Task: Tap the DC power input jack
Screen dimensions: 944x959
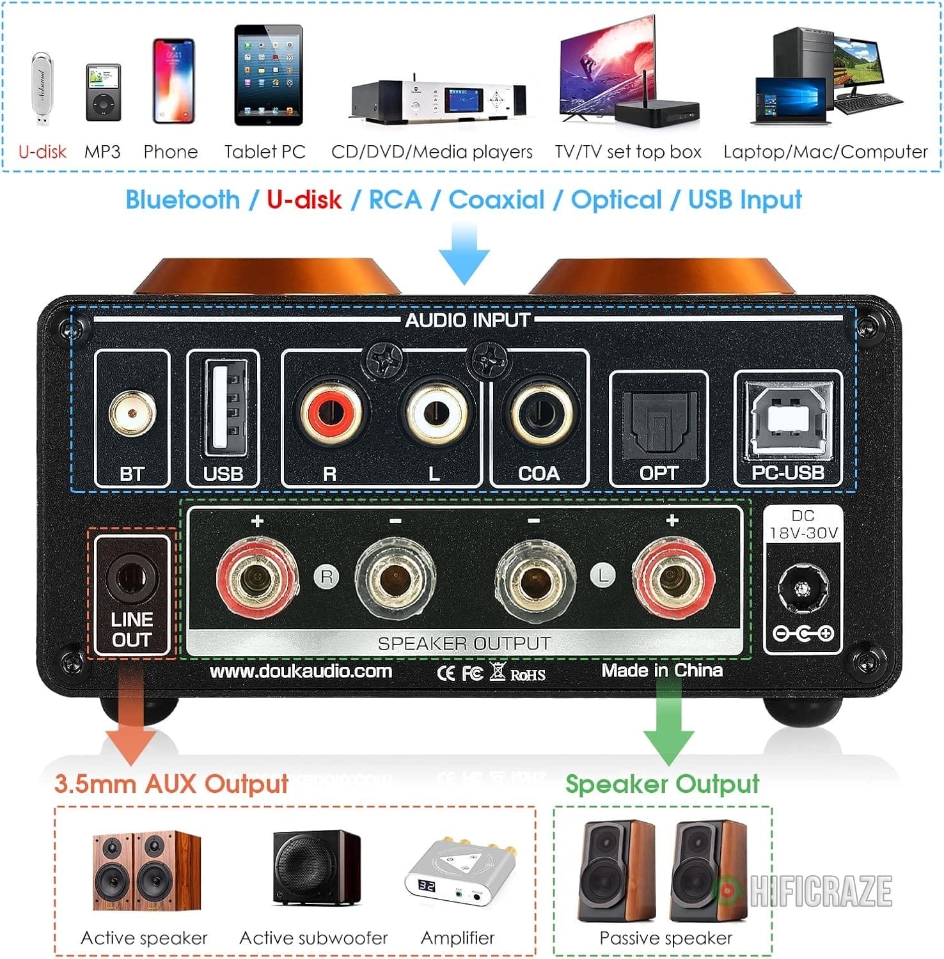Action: point(803,589)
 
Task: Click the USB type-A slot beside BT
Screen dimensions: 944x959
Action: point(223,408)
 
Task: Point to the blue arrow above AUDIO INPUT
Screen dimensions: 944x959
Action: point(464,253)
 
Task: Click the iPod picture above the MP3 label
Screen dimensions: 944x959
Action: point(103,93)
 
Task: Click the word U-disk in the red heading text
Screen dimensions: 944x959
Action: point(304,199)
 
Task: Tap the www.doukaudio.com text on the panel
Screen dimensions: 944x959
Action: point(301,671)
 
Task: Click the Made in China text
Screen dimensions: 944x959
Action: point(662,670)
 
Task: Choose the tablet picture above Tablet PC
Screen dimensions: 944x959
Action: point(268,75)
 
